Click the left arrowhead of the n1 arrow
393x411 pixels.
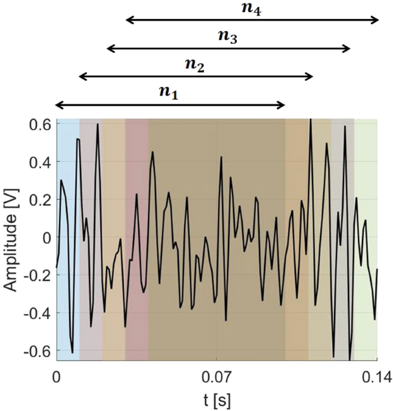click(58, 104)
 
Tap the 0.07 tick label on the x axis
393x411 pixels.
click(217, 377)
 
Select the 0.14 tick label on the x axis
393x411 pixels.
click(376, 377)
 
